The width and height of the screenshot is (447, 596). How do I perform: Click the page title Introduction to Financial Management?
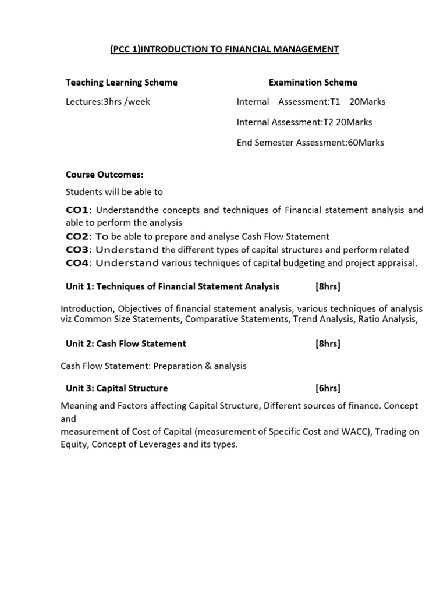[x=224, y=49]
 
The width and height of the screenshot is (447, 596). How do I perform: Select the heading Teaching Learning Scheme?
[x=122, y=83]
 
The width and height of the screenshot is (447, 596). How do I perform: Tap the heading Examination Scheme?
[x=313, y=83]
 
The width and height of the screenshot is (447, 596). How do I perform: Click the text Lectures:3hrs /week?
[x=108, y=102]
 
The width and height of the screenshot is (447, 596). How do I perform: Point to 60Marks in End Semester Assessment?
[x=366, y=143]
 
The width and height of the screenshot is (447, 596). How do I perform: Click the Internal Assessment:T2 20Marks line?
[x=304, y=122]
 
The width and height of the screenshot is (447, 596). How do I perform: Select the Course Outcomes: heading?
[x=105, y=175]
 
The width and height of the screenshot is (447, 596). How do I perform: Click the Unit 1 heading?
[x=172, y=286]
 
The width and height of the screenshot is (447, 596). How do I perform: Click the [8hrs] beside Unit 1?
[x=328, y=286]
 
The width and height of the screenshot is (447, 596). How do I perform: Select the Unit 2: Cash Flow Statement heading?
[x=126, y=343]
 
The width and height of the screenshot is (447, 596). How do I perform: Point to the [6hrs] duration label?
[x=328, y=388]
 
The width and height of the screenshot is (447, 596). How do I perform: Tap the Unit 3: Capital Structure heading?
[x=116, y=388]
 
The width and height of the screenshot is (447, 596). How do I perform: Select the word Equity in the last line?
[x=73, y=444]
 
